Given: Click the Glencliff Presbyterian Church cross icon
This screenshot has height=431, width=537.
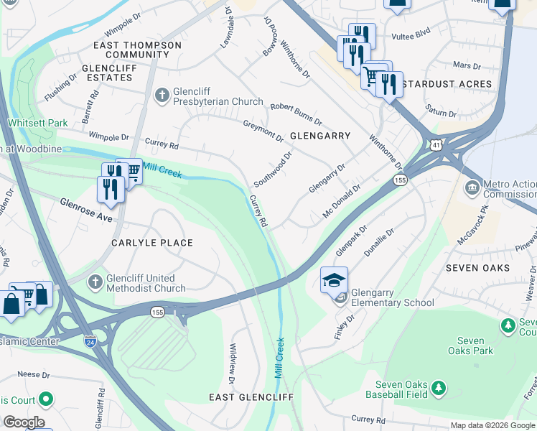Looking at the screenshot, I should pos(163,93).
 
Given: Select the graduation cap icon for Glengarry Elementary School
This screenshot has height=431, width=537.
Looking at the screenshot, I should pos(334,279).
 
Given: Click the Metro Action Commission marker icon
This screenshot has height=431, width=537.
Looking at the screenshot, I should pos(472,187).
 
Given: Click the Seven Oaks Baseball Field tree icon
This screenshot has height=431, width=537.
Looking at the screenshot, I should pos(438,390).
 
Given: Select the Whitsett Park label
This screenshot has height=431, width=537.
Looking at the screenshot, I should pos(37,123).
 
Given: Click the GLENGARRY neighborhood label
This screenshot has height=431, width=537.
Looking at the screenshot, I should pos(320,136).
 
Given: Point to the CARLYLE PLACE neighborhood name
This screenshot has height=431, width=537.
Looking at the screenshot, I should pos(152,243).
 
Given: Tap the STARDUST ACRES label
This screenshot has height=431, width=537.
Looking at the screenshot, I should pos(447,84).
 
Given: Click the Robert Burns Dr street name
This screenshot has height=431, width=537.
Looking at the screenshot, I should pos(296,114).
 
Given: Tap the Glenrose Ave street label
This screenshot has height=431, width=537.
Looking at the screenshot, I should pos(86,210).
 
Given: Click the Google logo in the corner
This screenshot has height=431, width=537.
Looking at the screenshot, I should pos(24,422).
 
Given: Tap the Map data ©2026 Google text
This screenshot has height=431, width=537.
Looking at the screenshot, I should pos(492,425).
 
